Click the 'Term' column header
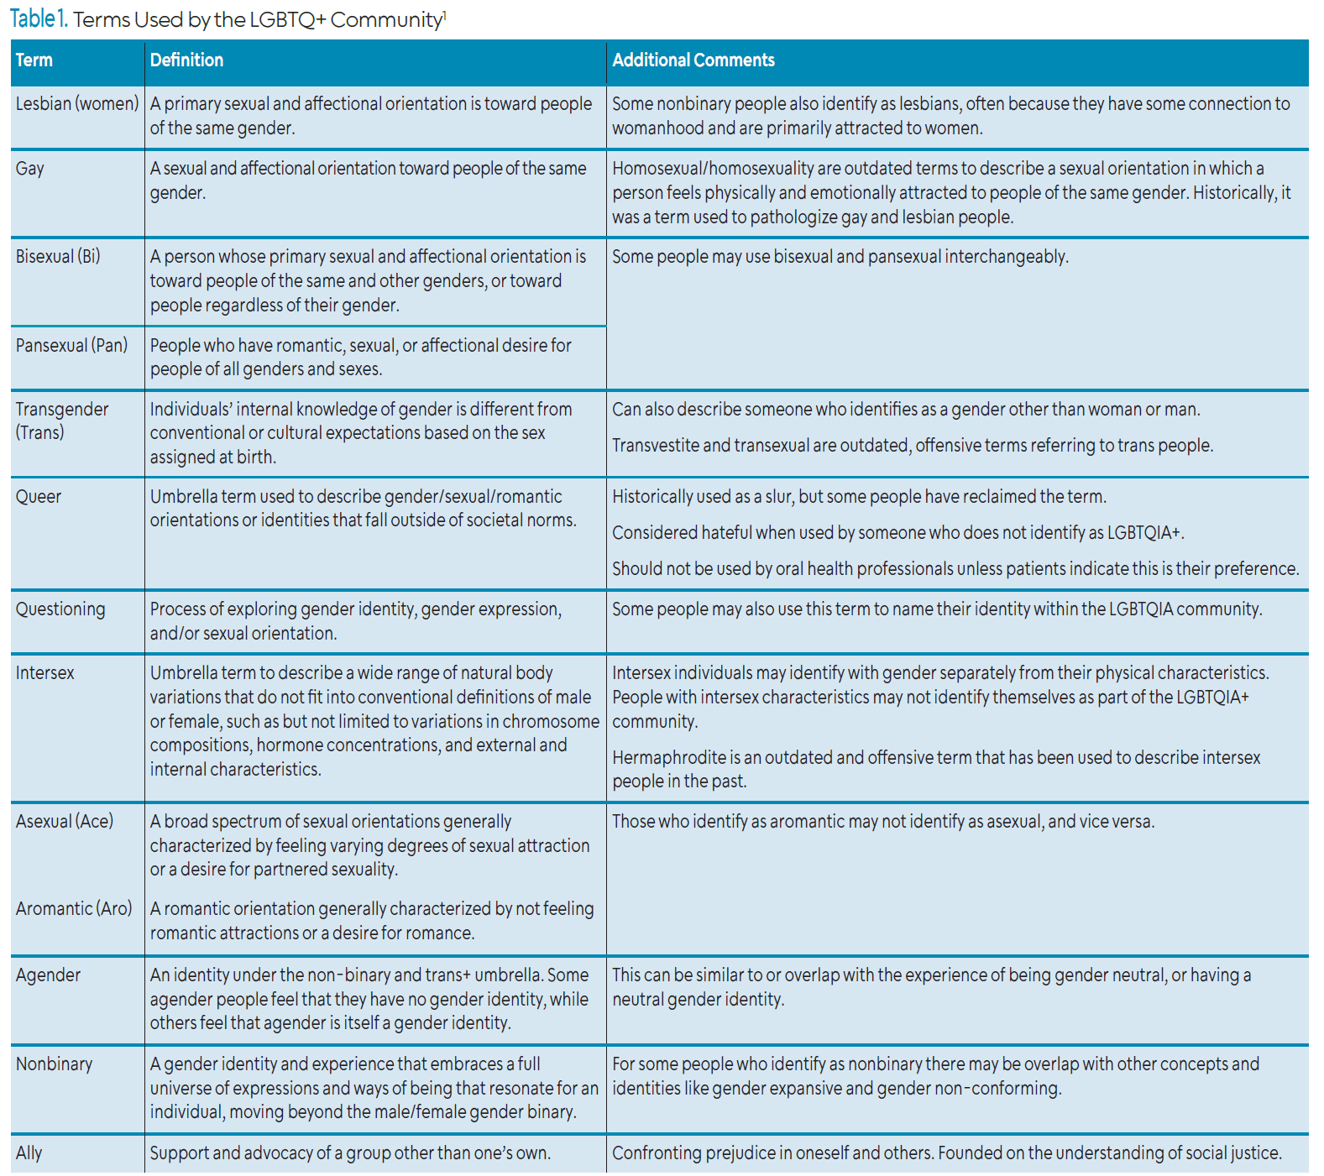click(x=34, y=60)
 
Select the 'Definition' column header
click(x=186, y=60)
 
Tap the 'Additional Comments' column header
click(x=693, y=60)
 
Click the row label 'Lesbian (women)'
click(x=77, y=104)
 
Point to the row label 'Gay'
click(x=30, y=169)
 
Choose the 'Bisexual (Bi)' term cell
click(x=58, y=257)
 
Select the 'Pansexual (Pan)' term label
click(x=72, y=346)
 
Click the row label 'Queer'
click(x=39, y=497)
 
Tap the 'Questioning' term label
click(x=60, y=609)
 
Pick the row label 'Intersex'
click(x=45, y=673)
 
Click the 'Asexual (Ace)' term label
click(x=65, y=822)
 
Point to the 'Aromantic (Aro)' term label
click(x=74, y=909)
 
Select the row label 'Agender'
click(x=49, y=975)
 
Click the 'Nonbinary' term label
click(x=55, y=1064)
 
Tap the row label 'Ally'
click(x=29, y=1153)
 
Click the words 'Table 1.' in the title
click(x=39, y=18)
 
